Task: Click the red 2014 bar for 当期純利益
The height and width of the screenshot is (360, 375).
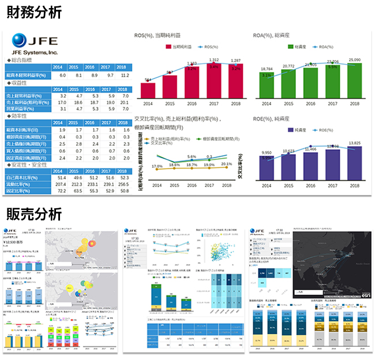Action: click(x=148, y=90)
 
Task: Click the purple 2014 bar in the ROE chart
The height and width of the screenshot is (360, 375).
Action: click(x=267, y=168)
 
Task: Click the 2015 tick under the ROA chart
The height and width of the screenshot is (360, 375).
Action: click(x=288, y=104)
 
